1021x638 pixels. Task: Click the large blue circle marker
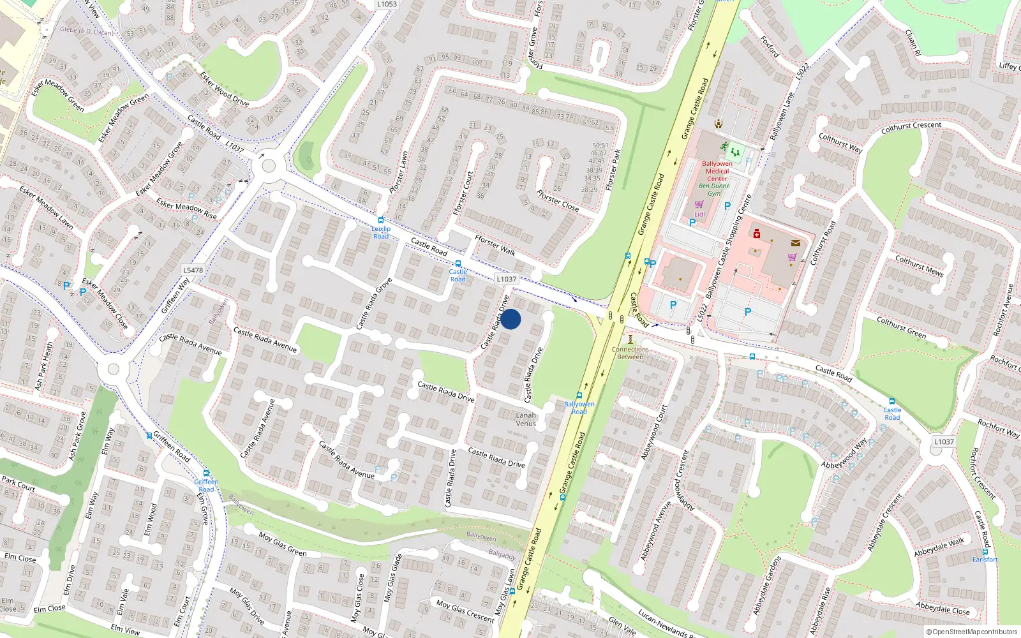(x=511, y=319)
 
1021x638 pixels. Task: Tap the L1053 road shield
(x=386, y=4)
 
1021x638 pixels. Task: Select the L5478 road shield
(x=193, y=270)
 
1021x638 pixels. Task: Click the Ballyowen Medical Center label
(x=717, y=171)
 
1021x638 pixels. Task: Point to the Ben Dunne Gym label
(x=714, y=189)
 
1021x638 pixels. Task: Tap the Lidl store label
(x=699, y=214)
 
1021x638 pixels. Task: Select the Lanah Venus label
(x=526, y=419)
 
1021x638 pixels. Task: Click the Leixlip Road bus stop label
(x=381, y=232)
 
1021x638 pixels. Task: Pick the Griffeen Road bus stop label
(x=206, y=486)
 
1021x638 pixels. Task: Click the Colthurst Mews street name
(x=919, y=265)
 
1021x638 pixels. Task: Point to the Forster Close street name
(x=557, y=200)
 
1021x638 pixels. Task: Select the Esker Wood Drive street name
(x=224, y=89)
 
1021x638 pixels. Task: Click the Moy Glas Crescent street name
(x=465, y=610)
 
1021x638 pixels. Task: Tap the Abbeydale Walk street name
(x=939, y=547)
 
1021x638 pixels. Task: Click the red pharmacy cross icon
(x=756, y=234)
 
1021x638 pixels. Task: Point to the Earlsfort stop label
(x=985, y=560)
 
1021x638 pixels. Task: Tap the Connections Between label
(x=630, y=353)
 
